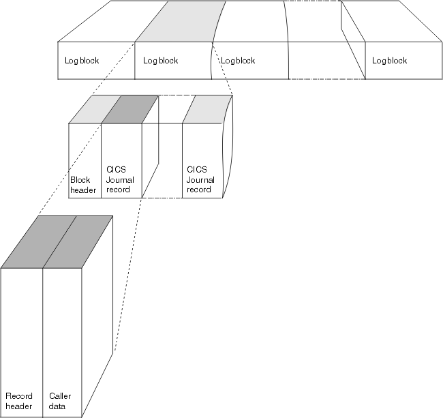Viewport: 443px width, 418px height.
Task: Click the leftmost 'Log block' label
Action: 82,61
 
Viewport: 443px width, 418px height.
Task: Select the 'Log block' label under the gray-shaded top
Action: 160,61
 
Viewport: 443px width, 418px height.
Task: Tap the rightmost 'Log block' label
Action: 389,61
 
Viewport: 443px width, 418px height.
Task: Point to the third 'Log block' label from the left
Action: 238,61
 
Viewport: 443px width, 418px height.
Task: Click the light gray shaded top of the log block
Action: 181,20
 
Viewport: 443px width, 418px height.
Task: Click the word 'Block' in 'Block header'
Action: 80,181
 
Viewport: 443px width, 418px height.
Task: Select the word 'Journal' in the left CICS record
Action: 120,181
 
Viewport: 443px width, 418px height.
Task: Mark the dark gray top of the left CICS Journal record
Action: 129,109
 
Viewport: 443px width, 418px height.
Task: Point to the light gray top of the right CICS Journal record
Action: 208,109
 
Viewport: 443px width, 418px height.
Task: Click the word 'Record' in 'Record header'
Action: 18,396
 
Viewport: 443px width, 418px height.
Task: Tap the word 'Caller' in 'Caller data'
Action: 60,396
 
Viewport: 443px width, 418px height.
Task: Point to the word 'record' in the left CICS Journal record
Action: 118,190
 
